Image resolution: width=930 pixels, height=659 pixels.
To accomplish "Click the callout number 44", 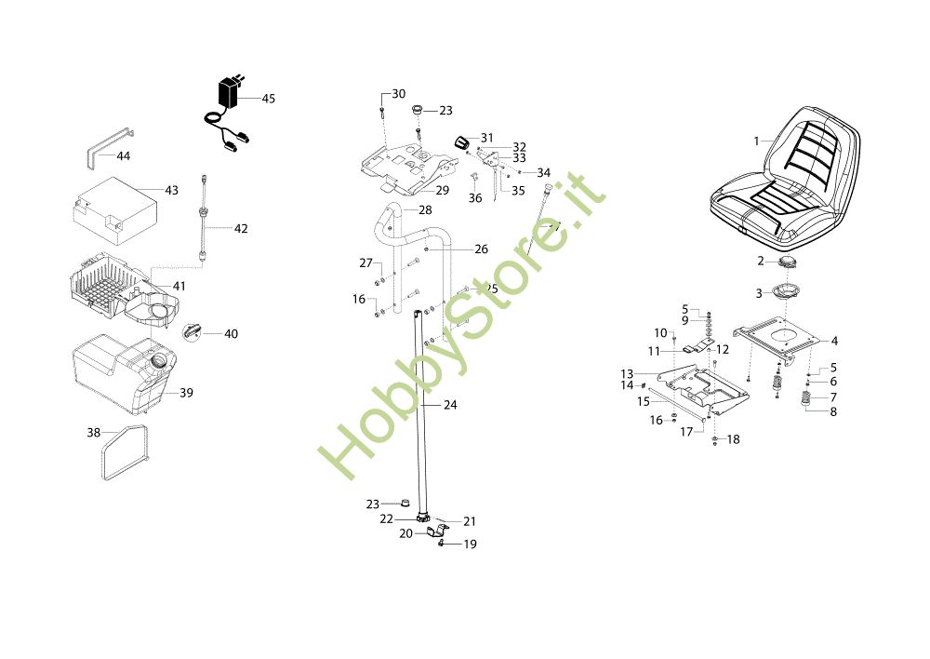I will coord(123,155).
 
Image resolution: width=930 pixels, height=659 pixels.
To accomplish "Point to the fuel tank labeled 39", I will coord(116,372).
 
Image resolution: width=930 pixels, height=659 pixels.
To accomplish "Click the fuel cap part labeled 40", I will coord(194,330).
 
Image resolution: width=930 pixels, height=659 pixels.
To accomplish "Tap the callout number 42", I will coord(241,228).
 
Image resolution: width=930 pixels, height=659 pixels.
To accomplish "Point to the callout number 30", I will coord(398,94).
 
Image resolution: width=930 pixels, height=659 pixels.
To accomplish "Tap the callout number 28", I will coord(425,210).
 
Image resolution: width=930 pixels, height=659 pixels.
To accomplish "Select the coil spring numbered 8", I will coord(806,400).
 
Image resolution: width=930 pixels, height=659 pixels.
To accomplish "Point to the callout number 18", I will coord(734,439).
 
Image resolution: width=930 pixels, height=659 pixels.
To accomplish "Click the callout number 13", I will coord(627,374).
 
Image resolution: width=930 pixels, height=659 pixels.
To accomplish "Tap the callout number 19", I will coord(470,544).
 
